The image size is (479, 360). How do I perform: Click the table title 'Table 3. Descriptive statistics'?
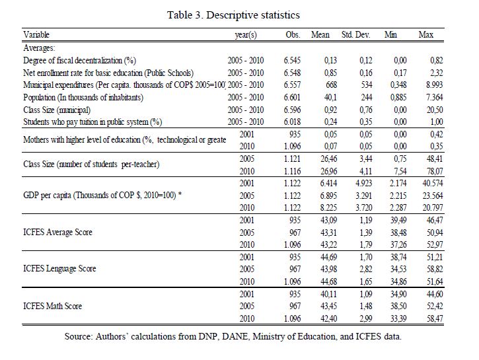[x=233, y=15]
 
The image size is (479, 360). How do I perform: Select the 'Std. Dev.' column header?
[x=355, y=34]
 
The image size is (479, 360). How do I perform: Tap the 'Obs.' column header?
[x=293, y=34]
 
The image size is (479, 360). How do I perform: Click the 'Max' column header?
[x=426, y=34]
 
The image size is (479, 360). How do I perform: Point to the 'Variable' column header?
[x=36, y=34]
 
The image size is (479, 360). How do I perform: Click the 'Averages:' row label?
[x=39, y=48]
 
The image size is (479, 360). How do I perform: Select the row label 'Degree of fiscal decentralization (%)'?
[x=79, y=61]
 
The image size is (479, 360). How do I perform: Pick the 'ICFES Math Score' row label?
[x=53, y=306]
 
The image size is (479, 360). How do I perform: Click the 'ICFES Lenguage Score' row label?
[x=59, y=269]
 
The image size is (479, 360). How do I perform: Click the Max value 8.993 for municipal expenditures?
[x=434, y=85]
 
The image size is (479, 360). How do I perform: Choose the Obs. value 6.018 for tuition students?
[x=292, y=122]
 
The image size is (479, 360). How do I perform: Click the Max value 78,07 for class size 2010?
[x=435, y=171]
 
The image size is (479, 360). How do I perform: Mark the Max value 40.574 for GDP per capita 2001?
[x=433, y=183]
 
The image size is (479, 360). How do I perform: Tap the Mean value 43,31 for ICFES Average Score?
[x=328, y=233]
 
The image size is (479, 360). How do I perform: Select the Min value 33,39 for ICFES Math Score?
[x=398, y=319]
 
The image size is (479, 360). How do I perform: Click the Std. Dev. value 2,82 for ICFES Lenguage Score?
[x=365, y=269]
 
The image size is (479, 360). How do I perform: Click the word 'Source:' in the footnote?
[x=78, y=336]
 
